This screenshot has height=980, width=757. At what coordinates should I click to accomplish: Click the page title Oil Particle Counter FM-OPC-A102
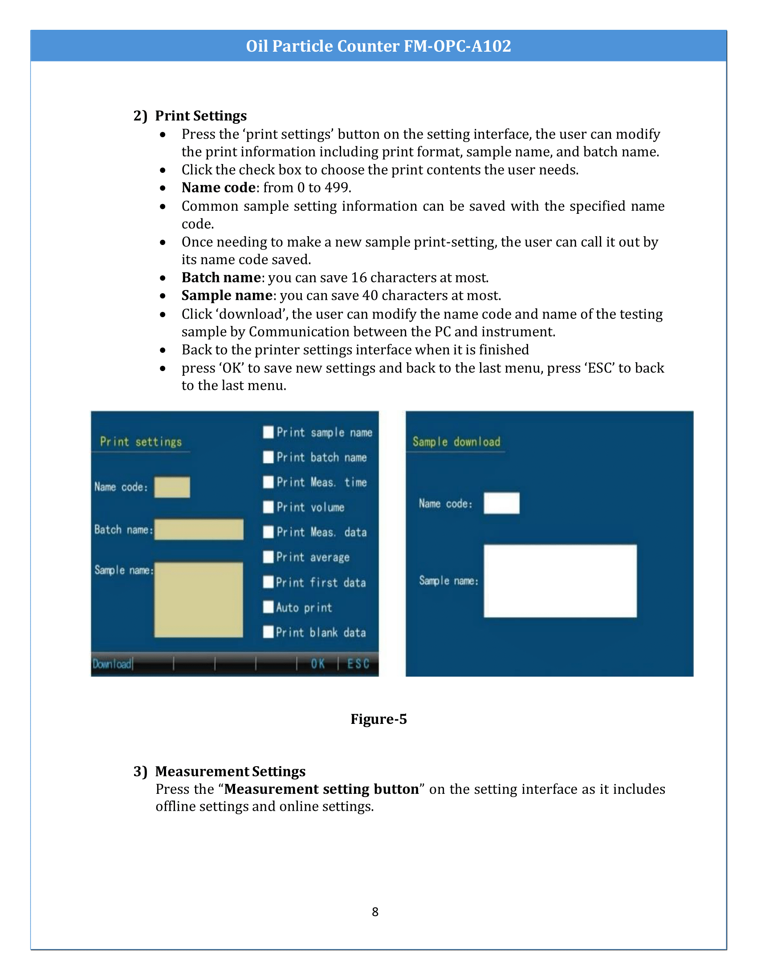pos(378,46)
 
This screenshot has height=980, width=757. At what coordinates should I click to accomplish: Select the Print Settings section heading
pos(200,116)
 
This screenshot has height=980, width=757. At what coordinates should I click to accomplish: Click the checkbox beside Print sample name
pos(268,432)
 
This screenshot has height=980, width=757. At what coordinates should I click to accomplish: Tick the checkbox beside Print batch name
pos(268,457)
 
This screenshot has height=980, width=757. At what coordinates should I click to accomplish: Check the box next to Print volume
pos(268,506)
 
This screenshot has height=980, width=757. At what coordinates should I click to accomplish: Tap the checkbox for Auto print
pos(268,607)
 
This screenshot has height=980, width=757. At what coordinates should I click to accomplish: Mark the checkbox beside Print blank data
pos(268,632)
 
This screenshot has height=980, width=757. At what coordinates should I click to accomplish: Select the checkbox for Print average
pos(268,557)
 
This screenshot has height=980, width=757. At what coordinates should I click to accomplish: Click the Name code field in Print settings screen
pos(172,487)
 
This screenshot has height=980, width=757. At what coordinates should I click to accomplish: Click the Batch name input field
pos(199,530)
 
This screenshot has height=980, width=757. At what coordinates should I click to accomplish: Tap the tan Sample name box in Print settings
pos(199,600)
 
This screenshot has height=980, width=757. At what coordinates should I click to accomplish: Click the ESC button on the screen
pos(358,664)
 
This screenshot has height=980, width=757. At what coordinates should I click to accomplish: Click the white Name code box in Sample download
pos(501,503)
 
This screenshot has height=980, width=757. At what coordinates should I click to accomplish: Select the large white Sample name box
pos(560,581)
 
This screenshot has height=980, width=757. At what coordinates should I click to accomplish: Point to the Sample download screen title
pos(456,442)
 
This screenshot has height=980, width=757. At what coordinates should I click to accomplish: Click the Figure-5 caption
pos(378,719)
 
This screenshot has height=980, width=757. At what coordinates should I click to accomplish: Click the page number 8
pos(375,912)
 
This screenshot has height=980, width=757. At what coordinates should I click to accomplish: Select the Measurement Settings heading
pos(230,772)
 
